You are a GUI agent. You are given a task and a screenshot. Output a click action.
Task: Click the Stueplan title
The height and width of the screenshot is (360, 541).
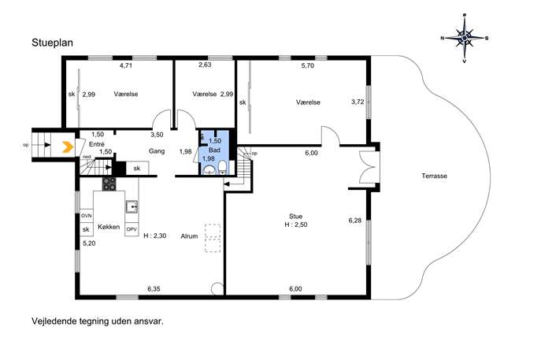53,43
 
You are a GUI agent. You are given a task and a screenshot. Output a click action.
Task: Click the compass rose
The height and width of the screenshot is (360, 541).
465,38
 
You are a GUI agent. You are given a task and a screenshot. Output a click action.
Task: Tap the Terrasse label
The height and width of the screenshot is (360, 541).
435,176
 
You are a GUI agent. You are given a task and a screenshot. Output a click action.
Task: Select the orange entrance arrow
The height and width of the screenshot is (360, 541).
68,147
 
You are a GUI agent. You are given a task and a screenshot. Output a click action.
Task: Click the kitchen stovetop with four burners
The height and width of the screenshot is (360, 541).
109,184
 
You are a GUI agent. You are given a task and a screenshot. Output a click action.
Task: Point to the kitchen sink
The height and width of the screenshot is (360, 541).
132,206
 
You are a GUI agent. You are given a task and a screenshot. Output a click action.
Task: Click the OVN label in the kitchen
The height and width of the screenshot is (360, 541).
87,216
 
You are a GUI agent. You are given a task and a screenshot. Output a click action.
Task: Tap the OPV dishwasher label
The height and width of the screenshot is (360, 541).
132,229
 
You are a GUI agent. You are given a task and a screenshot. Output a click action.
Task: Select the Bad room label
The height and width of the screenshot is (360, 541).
214,150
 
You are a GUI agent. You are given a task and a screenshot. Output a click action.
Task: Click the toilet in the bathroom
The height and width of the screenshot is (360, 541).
223,168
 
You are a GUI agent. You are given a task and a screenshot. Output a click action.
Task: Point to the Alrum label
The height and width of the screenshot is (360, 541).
190,236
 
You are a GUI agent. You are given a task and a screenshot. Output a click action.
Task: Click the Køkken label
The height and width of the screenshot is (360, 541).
109,227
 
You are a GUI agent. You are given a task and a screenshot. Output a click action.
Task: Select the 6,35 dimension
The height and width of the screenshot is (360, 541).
154,289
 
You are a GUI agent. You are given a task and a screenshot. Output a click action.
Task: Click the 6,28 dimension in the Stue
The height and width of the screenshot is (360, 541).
355,221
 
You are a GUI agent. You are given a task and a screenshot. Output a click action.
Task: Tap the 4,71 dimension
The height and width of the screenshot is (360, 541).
126,65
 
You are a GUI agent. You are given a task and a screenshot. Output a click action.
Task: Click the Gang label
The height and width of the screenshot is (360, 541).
157,150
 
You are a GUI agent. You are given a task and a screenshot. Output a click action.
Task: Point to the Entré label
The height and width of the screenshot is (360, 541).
97,144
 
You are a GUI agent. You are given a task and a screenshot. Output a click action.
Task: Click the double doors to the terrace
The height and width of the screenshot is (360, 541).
367,167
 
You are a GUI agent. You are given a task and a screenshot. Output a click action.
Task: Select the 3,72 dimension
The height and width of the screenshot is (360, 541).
358,102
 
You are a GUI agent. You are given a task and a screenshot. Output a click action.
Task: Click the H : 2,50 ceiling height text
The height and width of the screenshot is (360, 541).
296,225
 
